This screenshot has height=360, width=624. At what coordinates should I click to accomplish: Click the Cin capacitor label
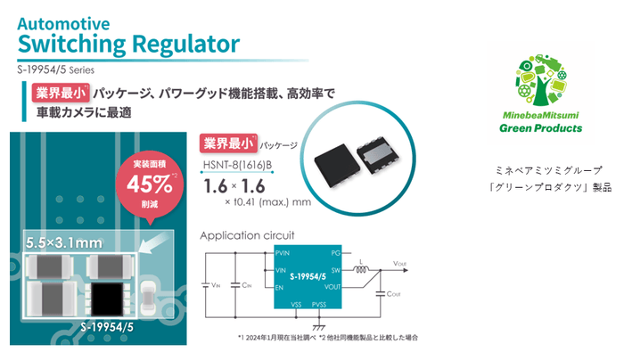pos(248,285)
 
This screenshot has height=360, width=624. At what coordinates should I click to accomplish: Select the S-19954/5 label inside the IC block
pos(308,278)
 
